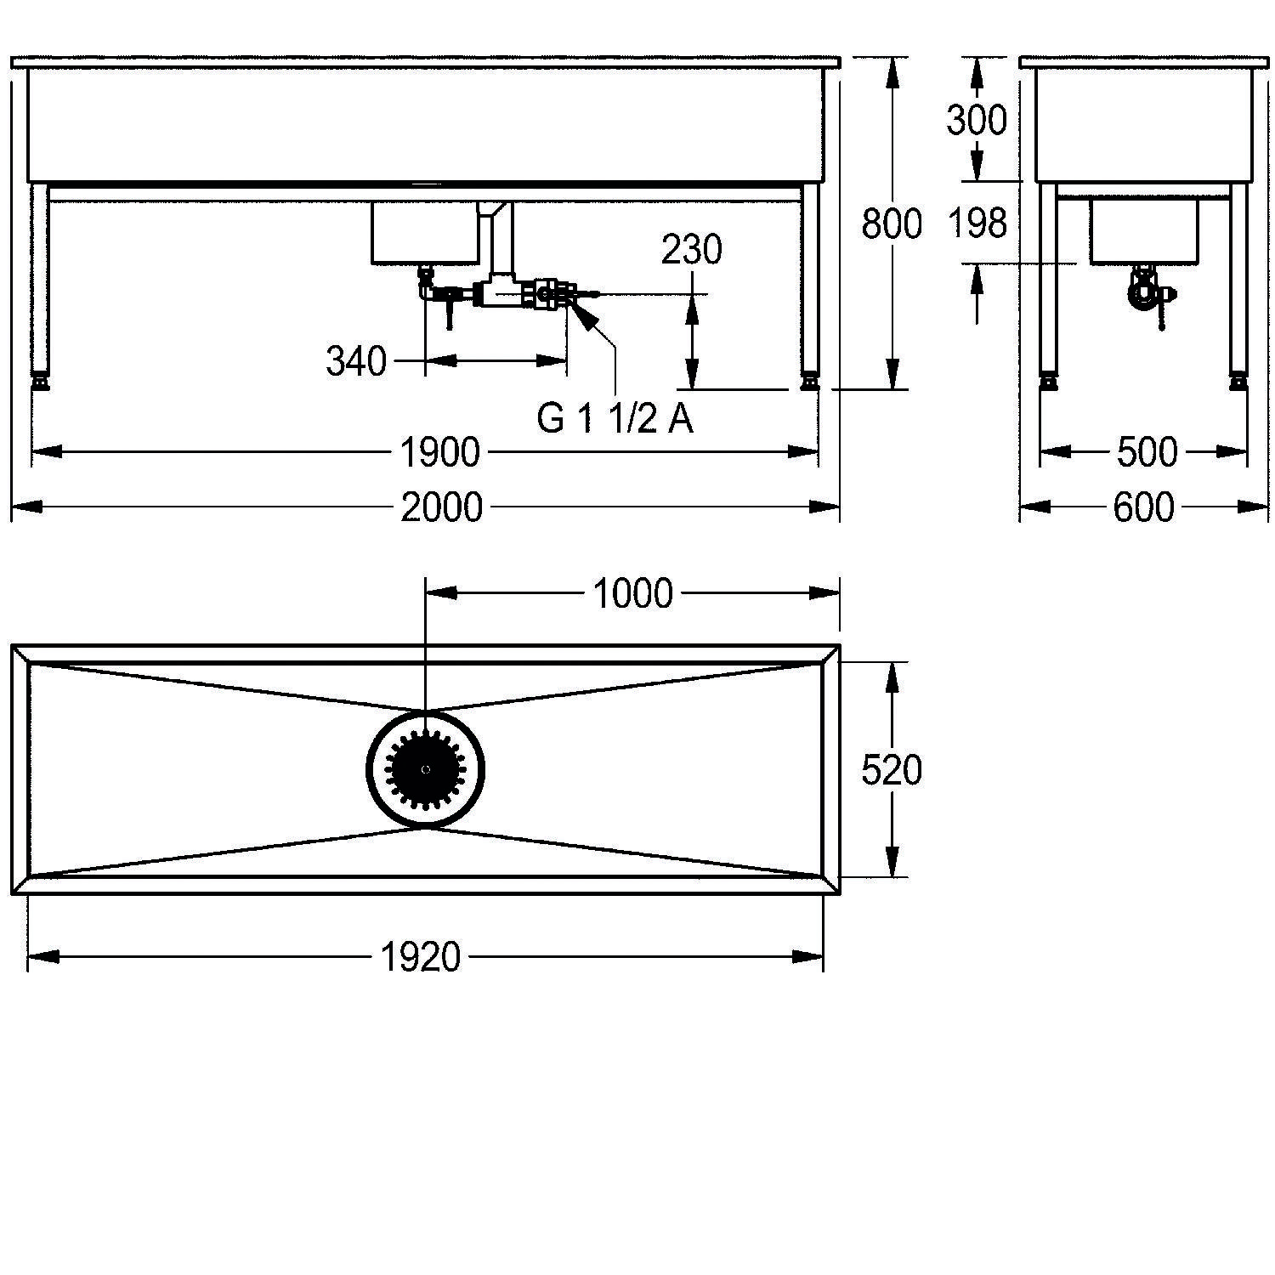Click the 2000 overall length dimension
pyautogui.click(x=441, y=507)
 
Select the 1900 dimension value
pyautogui.click(x=439, y=452)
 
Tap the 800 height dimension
pyautogui.click(x=892, y=224)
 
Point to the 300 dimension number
pyautogui.click(x=977, y=121)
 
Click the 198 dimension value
pyautogui.click(x=977, y=224)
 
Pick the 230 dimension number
pyautogui.click(x=692, y=250)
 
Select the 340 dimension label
pyautogui.click(x=356, y=362)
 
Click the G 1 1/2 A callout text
pyautogui.click(x=615, y=419)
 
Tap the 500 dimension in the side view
pyautogui.click(x=1147, y=452)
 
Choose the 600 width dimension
pyautogui.click(x=1143, y=507)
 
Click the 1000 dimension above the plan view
pyautogui.click(x=632, y=593)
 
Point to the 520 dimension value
pyautogui.click(x=892, y=770)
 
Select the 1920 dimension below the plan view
pyautogui.click(x=420, y=958)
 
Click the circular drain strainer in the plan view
pyautogui.click(x=426, y=768)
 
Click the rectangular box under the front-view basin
pyautogui.click(x=425, y=231)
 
